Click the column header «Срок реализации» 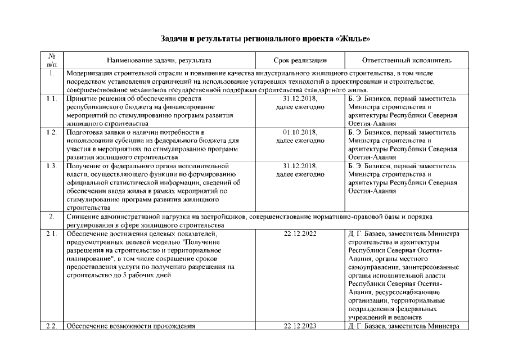coord(300,60)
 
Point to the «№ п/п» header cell coord(51,60)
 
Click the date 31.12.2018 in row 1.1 coord(300,99)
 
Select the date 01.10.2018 coord(300,132)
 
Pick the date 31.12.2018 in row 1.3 coord(300,166)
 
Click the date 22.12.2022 coord(300,233)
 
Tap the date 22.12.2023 coord(300,326)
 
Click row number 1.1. coord(51,99)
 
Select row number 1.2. coord(51,132)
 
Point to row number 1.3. coord(51,166)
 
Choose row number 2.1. coord(51,233)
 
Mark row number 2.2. coord(51,326)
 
